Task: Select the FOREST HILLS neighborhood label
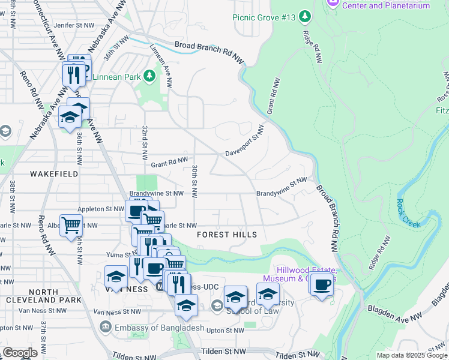(227, 235)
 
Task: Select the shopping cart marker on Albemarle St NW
(71, 225)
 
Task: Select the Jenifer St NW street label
(74, 26)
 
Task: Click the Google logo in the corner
(20, 353)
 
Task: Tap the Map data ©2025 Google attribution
(412, 355)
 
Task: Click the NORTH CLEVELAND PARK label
(43, 295)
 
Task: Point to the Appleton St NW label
(98, 210)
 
